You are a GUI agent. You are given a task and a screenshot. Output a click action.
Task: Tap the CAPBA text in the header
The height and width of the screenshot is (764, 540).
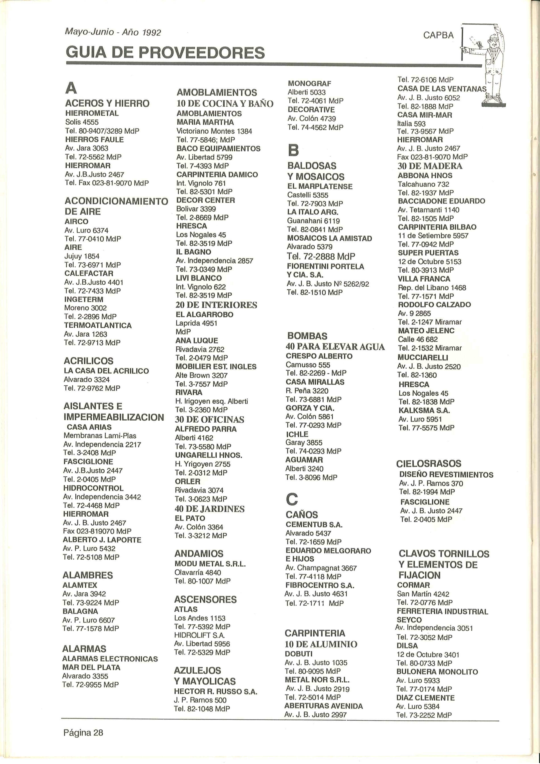(438, 35)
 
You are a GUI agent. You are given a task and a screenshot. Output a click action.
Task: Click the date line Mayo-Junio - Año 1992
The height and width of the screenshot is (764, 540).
(113, 32)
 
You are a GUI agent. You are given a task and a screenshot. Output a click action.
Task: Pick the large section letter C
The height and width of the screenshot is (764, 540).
(292, 499)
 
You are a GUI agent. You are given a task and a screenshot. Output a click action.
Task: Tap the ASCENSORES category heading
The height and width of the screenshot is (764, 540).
(205, 599)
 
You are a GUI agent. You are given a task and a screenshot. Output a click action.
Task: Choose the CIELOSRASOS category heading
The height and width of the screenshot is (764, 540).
(428, 464)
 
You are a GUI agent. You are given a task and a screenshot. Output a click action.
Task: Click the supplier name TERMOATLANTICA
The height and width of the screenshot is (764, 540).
(98, 325)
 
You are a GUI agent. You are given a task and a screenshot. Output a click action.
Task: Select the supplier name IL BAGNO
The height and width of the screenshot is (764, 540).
(193, 252)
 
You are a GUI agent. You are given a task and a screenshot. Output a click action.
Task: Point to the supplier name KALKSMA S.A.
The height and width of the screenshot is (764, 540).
(424, 410)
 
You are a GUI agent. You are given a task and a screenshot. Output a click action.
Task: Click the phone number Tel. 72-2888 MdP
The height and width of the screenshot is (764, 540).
(321, 256)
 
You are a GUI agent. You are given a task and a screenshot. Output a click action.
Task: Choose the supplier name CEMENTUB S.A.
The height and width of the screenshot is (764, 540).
(314, 525)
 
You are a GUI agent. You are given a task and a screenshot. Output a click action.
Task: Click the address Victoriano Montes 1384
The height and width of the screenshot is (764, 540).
(214, 131)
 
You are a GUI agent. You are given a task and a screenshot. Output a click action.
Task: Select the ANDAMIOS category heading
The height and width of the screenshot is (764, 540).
(199, 554)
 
